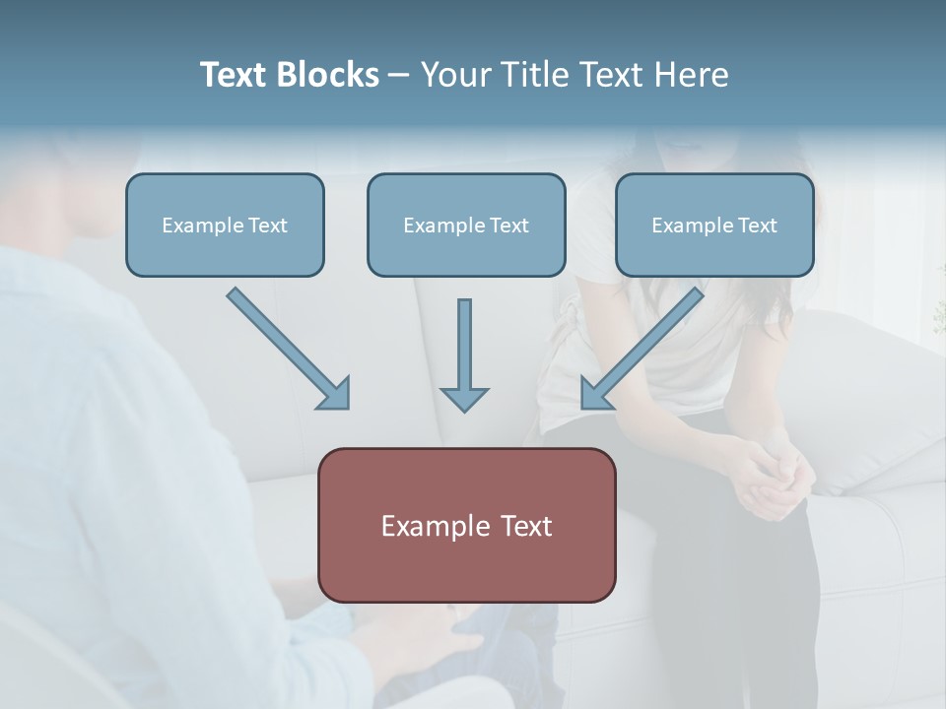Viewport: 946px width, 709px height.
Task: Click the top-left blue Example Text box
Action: (225, 225)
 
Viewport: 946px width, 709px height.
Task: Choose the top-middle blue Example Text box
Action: (466, 225)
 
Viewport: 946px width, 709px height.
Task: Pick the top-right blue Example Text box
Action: (714, 225)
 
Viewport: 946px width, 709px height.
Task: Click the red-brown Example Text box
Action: (466, 525)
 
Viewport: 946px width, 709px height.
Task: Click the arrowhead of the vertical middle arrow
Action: (464, 398)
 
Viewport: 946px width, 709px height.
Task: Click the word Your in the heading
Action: (454, 75)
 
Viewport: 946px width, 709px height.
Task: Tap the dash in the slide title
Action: (400, 76)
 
